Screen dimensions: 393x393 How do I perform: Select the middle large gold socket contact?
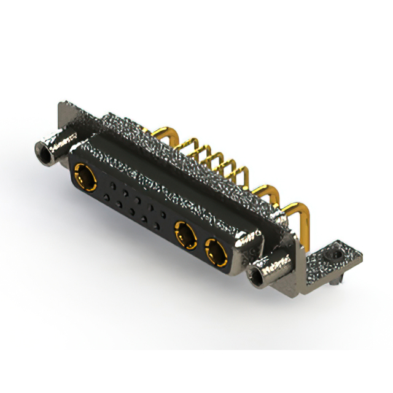tap(183, 234)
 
